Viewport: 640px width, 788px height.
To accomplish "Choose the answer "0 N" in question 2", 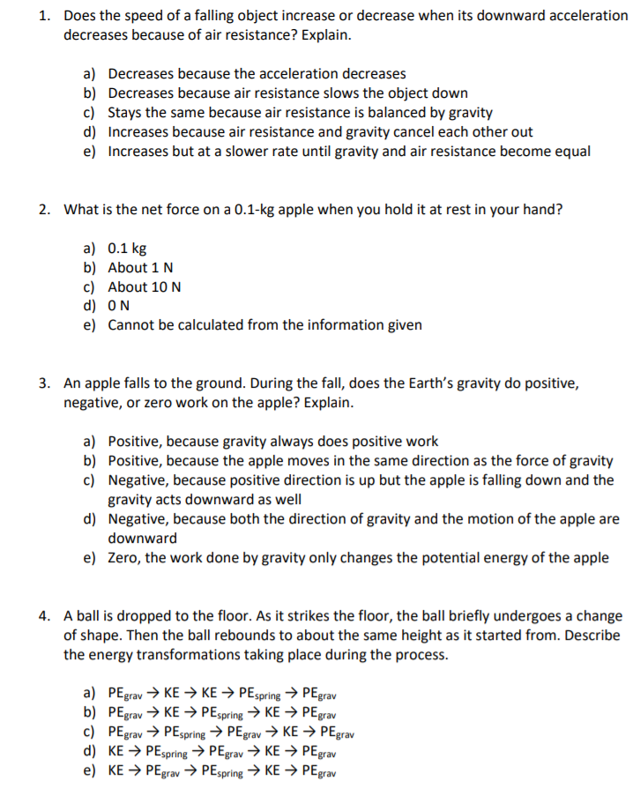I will (x=120, y=306).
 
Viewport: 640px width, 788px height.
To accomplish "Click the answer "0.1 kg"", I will (x=127, y=248).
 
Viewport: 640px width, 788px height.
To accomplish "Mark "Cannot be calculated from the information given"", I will (x=264, y=325).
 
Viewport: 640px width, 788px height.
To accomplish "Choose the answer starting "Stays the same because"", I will (x=300, y=113).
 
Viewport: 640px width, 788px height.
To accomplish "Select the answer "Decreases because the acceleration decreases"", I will (x=257, y=74).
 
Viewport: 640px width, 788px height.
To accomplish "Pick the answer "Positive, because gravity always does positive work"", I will (x=272, y=442).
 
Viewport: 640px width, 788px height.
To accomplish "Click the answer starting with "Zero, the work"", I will (x=357, y=558).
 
